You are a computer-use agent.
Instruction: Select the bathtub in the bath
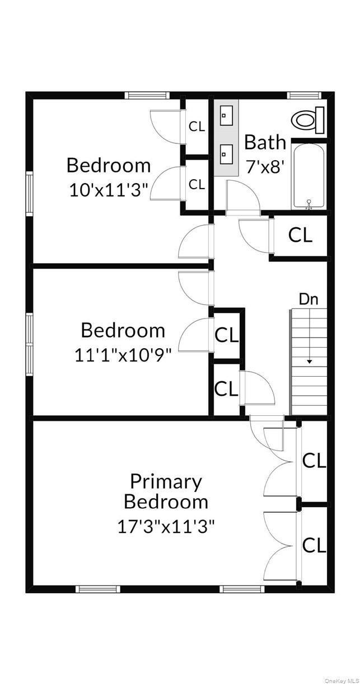308,176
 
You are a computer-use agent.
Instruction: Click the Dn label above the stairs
308,299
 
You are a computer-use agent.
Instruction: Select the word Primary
166,481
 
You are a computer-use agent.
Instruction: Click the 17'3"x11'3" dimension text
166,526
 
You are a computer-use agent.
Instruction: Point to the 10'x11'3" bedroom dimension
109,190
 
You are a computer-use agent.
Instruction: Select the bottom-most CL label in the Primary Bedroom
314,545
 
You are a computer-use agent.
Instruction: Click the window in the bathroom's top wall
304,95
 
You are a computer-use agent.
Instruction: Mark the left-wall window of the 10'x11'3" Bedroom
29,194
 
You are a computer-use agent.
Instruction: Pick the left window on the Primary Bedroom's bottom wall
97,588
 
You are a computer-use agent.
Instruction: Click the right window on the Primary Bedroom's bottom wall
242,588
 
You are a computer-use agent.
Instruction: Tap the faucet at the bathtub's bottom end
308,205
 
